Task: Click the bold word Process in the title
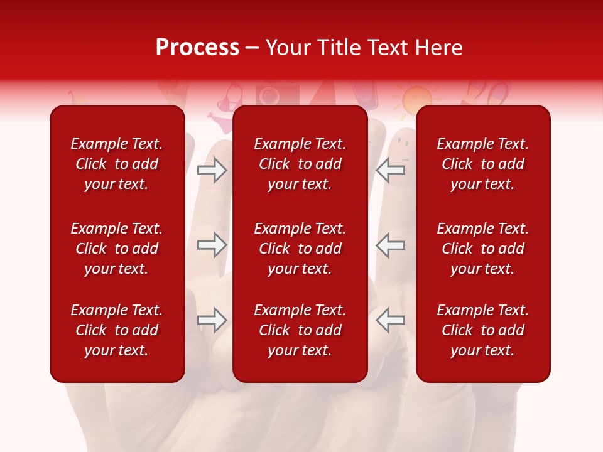tap(197, 48)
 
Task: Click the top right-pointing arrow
tap(212, 169)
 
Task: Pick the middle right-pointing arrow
tap(212, 245)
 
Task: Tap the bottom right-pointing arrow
tap(212, 320)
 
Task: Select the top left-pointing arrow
tap(391, 169)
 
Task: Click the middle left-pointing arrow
tap(391, 245)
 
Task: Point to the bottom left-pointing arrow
tap(391, 320)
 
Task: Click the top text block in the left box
tap(117, 164)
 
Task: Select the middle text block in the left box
tap(117, 249)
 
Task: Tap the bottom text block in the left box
tap(117, 330)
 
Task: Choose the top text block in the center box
tap(300, 164)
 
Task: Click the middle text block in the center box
tap(300, 249)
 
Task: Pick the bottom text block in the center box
tap(300, 330)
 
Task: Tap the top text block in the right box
tap(483, 164)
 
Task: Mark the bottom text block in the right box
tap(483, 330)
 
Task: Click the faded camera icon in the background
tap(270, 95)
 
